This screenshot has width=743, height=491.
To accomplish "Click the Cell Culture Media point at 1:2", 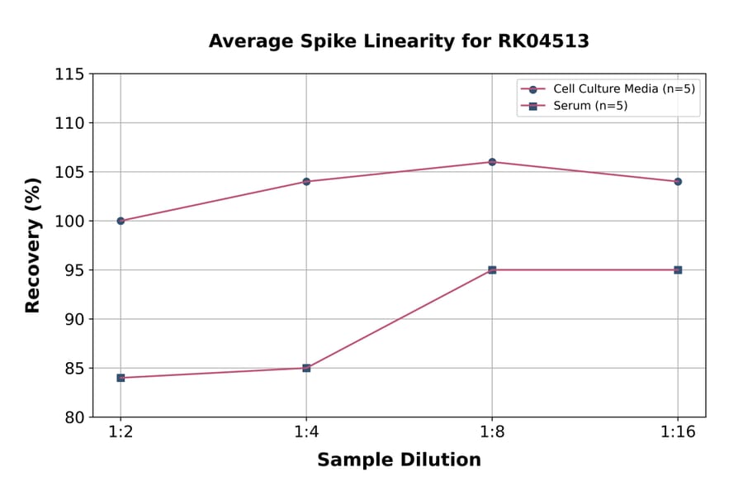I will (121, 221).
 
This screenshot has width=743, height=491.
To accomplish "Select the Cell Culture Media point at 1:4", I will (306, 181).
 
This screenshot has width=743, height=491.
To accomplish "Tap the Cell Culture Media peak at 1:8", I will (492, 162).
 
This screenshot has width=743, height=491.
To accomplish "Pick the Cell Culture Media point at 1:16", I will (678, 181).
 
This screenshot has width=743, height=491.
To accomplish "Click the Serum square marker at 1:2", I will (121, 378).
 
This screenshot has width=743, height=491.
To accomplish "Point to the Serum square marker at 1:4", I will (306, 368).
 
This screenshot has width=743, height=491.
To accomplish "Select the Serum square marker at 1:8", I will (492, 269).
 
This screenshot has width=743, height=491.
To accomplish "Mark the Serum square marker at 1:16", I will (678, 269).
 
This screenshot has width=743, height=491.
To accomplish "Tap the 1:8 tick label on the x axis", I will (492, 431).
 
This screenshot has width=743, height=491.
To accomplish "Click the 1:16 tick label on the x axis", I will (678, 431).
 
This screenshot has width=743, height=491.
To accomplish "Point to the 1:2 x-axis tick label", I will (121, 431).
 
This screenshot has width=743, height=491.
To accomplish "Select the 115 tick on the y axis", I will (69, 74).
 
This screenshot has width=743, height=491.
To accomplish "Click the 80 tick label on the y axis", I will (74, 417).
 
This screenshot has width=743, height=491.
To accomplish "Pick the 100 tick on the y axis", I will (69, 222).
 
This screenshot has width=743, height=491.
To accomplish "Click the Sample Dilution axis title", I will (399, 460).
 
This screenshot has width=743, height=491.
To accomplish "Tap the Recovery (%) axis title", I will (33, 245).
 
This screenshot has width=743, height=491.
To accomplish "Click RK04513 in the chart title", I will (544, 41).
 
